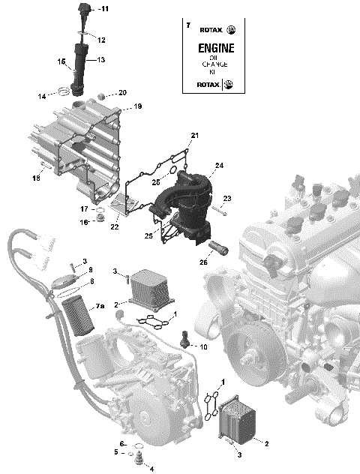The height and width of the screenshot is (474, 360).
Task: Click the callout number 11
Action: click(104, 9)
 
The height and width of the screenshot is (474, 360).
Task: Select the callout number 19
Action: click(137, 107)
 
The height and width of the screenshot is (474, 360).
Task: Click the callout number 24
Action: click(220, 165)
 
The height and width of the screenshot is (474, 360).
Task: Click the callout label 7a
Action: click(100, 307)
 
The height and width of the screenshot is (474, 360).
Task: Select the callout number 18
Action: click(35, 178)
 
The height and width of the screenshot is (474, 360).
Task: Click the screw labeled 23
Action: click(213, 209)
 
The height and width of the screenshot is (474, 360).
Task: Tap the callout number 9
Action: click(89, 270)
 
